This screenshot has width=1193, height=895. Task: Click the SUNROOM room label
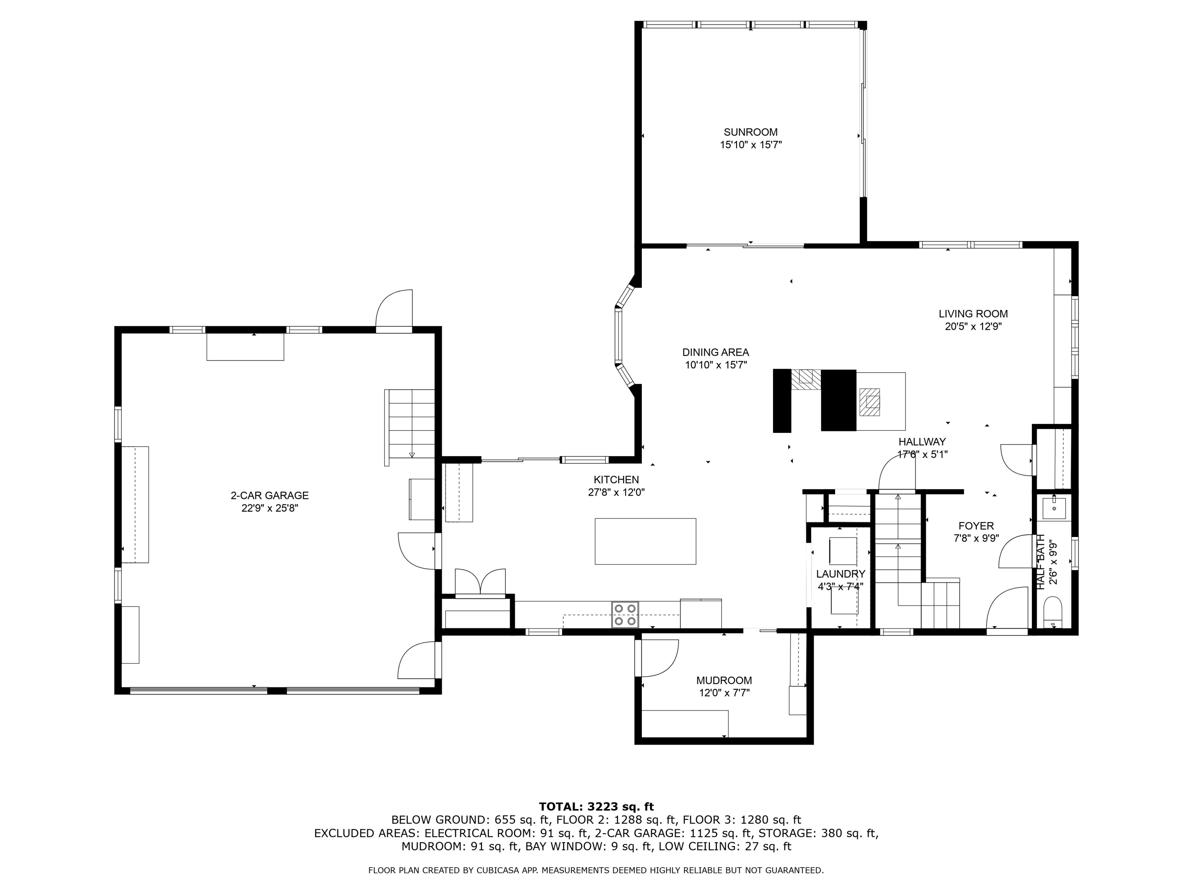coord(750,132)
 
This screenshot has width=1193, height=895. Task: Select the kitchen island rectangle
coord(645,541)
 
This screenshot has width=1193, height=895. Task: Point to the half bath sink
coord(1053,508)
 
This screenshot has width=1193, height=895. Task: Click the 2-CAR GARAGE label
coord(270,495)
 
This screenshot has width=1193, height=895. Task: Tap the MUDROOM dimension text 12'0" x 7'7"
coord(724,693)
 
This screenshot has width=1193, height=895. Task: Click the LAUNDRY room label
coord(840,574)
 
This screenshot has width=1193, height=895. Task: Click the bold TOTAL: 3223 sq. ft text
coord(596,807)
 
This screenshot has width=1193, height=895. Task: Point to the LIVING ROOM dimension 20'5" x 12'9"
coord(973,327)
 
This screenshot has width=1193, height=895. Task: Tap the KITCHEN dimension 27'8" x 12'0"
coord(616,492)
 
